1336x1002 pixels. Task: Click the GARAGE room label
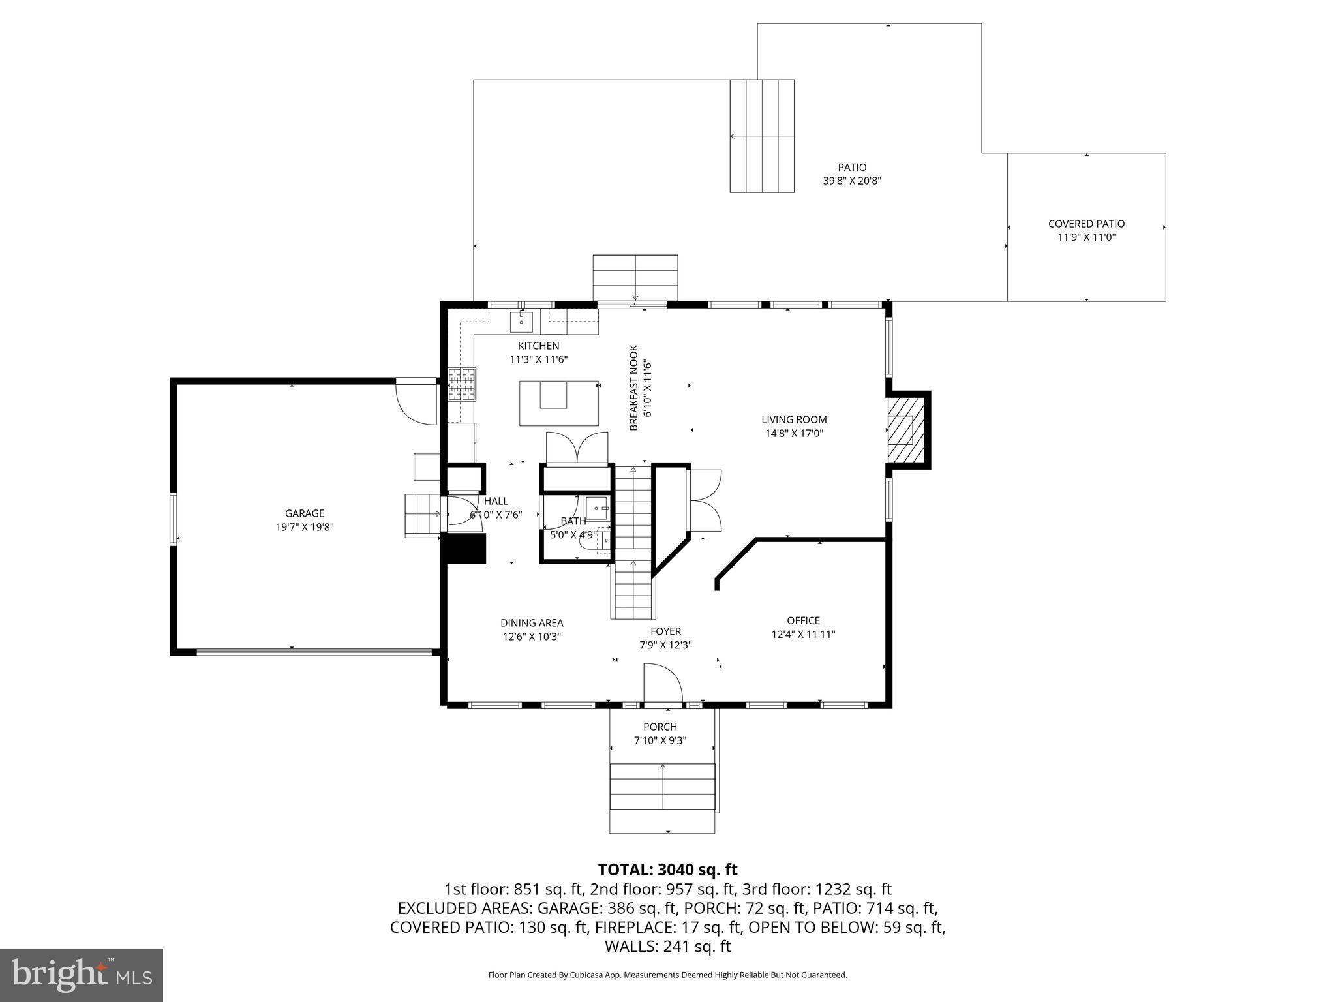[x=304, y=513]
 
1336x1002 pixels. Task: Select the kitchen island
[x=559, y=403]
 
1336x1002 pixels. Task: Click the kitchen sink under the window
[x=521, y=322]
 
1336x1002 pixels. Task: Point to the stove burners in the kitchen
[x=461, y=384]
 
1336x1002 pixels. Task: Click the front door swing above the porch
[x=662, y=684]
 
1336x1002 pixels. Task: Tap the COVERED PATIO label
[x=1086, y=224]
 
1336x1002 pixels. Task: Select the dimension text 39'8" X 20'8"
[x=852, y=181]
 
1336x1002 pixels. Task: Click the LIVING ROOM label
[x=794, y=419]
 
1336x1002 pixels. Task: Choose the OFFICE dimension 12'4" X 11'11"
[x=803, y=634]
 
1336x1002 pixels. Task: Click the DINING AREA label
[x=532, y=623]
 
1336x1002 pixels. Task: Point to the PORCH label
[x=660, y=727]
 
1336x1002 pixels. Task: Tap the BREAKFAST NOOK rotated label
[x=634, y=387]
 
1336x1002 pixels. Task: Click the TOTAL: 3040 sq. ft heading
[x=667, y=870]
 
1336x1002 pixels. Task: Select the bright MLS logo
[x=82, y=975]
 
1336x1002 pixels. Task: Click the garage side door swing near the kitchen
[x=417, y=402]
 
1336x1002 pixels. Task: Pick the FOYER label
[x=665, y=631]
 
